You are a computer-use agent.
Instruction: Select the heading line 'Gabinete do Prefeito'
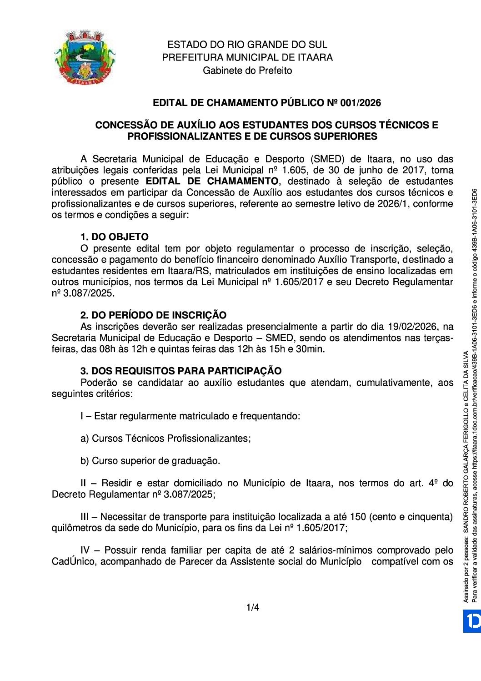click(247, 71)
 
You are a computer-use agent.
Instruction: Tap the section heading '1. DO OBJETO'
click(114, 237)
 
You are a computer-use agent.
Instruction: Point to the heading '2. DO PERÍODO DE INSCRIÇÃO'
click(153, 315)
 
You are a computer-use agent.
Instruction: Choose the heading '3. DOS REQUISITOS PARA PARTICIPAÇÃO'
click(180, 371)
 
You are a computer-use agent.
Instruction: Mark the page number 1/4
click(253, 607)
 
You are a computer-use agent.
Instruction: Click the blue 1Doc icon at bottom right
click(472, 621)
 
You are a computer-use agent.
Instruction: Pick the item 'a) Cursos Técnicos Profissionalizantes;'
click(165, 439)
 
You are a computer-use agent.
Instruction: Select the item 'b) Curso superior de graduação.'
click(150, 461)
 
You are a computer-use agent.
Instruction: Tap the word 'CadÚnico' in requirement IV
click(73, 562)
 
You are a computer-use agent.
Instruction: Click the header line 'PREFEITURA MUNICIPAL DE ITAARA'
click(247, 57)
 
